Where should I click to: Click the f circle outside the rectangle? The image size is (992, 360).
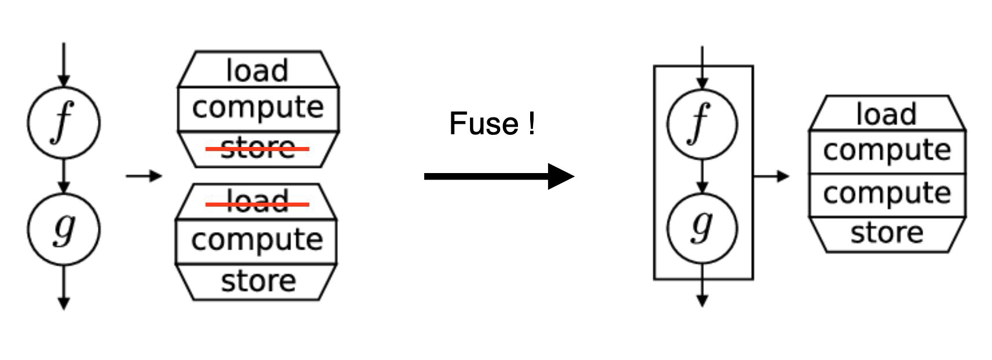click(64, 123)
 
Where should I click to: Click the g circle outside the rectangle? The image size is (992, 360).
click(64, 229)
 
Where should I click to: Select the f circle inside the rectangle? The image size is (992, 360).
click(702, 123)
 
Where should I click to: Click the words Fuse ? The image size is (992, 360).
click(492, 124)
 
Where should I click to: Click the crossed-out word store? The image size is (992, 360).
click(258, 149)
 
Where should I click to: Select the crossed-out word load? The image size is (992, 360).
click(258, 201)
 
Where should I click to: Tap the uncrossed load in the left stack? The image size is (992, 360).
click(258, 71)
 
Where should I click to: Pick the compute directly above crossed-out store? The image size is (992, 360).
click(258, 108)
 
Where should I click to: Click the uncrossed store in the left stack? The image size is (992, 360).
click(258, 281)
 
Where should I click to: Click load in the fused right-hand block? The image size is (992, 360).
click(887, 114)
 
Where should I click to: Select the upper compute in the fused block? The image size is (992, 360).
click(887, 150)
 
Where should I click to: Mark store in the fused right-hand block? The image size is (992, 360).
click(887, 233)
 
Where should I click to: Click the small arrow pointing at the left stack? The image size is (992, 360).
click(144, 175)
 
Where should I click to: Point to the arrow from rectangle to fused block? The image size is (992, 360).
click(771, 175)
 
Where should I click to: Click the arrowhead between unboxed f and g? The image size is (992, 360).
click(64, 188)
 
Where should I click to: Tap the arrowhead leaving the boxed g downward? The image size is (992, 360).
click(702, 300)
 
